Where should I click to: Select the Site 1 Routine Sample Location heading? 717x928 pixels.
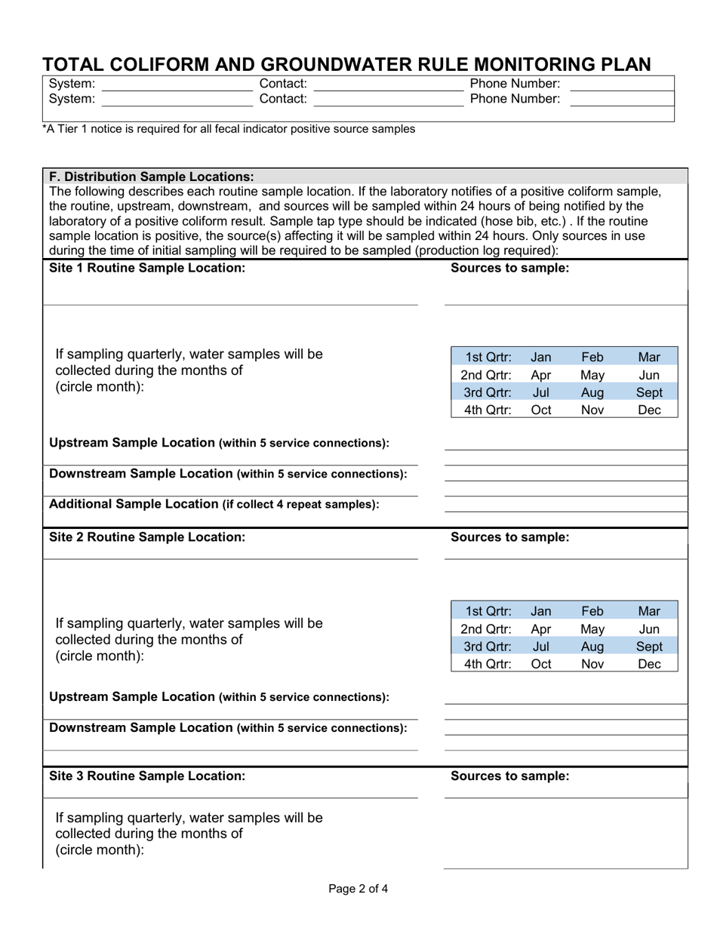(x=146, y=268)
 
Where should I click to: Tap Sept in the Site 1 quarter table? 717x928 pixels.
(x=649, y=392)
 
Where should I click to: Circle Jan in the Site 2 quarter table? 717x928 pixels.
(x=541, y=611)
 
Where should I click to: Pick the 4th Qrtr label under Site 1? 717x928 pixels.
(x=488, y=410)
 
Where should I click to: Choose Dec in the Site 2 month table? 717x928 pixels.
(x=649, y=664)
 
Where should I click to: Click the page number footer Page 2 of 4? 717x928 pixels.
(x=358, y=888)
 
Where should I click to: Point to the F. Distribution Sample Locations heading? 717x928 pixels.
(x=152, y=177)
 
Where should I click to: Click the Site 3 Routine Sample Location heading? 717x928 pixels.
(x=146, y=775)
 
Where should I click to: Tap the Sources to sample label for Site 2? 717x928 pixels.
(x=509, y=537)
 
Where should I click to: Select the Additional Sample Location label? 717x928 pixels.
(x=214, y=504)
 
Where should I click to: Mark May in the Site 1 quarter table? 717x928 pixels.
(x=592, y=375)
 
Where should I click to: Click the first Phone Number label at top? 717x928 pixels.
(x=515, y=83)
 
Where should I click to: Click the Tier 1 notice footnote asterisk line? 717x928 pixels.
(x=228, y=129)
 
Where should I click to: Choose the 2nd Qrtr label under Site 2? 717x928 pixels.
(x=486, y=629)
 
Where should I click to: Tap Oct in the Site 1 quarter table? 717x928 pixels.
(x=541, y=410)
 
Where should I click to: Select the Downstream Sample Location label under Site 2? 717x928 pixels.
(x=227, y=727)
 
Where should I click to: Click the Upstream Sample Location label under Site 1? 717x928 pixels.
(x=219, y=443)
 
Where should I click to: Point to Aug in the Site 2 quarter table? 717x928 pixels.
(x=592, y=647)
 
